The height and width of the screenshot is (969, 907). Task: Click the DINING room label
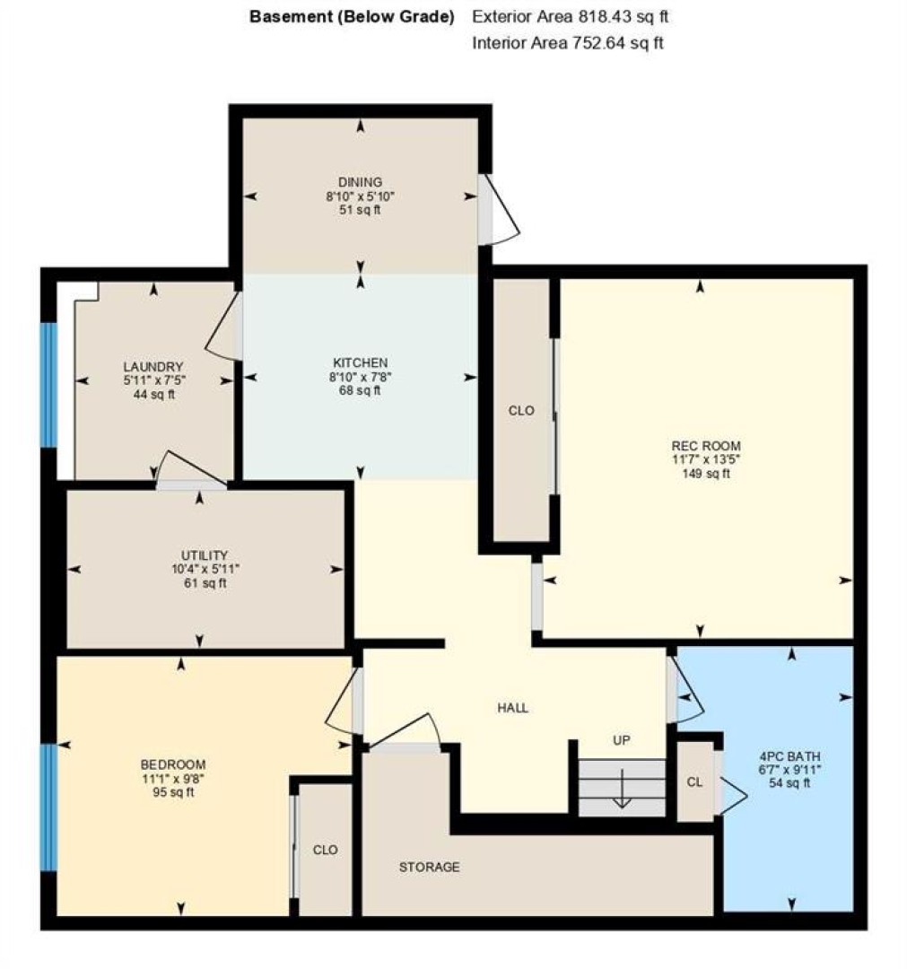point(360,182)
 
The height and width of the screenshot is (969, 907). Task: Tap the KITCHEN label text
point(361,362)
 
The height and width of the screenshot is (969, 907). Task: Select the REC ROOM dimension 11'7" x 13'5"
point(705,459)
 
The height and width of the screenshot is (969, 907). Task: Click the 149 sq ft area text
point(705,474)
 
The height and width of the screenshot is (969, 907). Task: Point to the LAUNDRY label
point(153,366)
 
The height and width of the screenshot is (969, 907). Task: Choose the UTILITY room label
point(205,555)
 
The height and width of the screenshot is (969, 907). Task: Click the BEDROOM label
point(173,764)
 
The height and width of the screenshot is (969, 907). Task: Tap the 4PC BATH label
point(789,755)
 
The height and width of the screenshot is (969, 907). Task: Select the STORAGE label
point(429,867)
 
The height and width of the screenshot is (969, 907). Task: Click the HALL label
point(513,708)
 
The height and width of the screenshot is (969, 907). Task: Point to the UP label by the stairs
point(621,739)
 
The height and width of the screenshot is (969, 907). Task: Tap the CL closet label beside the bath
point(694,781)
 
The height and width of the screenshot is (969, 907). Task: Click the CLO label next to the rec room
point(521,410)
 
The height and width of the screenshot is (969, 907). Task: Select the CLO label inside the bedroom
point(325,850)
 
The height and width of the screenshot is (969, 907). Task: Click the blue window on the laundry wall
point(48,384)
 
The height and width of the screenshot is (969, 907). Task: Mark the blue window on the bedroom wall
point(48,807)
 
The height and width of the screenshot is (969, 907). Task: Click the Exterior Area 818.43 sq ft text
point(570,17)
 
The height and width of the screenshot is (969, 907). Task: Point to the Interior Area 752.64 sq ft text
point(568,43)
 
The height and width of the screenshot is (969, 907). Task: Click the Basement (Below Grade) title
point(352,17)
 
